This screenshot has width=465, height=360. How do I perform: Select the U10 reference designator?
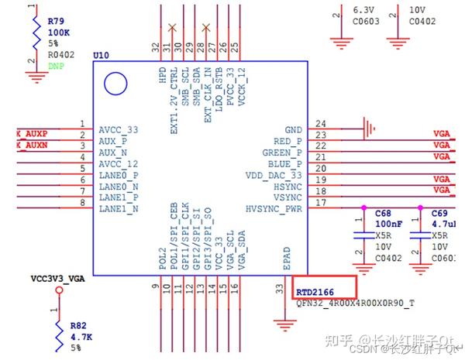102,57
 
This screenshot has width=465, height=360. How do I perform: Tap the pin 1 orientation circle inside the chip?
115,81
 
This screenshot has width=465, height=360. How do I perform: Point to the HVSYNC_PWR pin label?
274,208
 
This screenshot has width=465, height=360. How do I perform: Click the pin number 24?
319,124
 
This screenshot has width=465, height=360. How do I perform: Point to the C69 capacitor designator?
439,212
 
